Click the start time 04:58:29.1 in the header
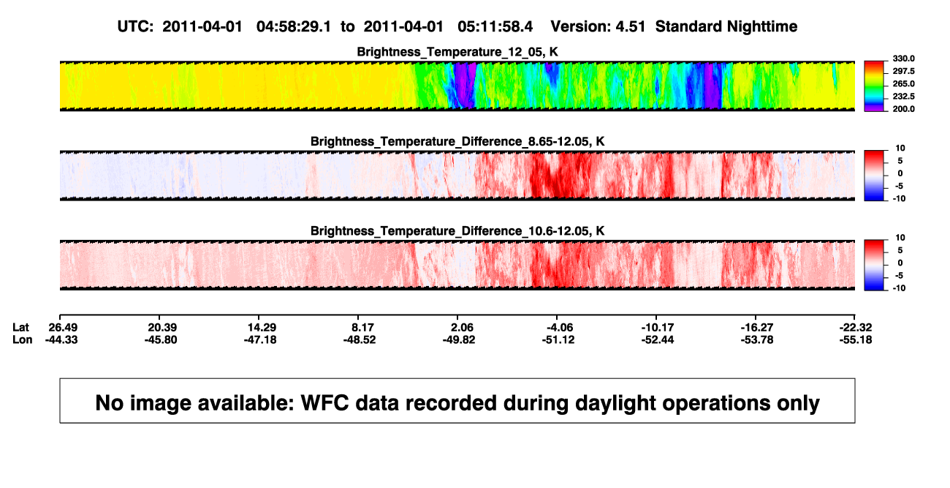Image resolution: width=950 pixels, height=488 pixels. tap(294, 27)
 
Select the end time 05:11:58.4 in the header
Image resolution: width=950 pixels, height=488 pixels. tap(495, 27)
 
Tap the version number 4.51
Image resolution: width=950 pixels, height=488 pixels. tap(630, 27)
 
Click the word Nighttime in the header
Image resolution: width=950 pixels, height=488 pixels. tap(761, 27)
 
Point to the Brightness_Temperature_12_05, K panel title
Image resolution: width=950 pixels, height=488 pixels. tap(457, 52)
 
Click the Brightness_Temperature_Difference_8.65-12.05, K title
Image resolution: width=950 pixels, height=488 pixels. tap(457, 141)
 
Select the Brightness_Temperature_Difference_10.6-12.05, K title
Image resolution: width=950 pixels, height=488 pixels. tap(457, 231)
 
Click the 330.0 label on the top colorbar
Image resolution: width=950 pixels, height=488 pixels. tap(903, 59)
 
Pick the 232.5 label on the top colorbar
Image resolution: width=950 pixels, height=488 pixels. tap(903, 97)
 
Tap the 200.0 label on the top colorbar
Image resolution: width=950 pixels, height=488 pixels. tap(903, 109)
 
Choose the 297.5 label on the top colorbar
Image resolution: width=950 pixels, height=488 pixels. tap(903, 72)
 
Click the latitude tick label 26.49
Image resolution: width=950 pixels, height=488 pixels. tap(63, 328)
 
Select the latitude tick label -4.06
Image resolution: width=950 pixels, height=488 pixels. tap(558, 328)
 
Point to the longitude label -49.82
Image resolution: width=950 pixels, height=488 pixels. tap(459, 340)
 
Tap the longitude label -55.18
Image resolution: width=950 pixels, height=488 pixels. tap(856, 340)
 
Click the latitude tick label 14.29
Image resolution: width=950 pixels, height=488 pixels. tap(262, 328)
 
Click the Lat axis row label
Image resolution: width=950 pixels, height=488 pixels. tap(20, 328)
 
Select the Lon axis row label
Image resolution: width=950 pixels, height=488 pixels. tap(22, 340)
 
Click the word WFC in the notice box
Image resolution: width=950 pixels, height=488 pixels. tap(325, 403)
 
